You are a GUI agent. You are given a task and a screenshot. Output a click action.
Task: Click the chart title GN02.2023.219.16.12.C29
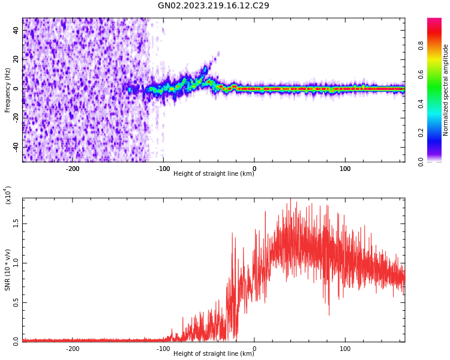213,6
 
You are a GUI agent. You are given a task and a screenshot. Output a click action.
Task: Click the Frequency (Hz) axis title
8,90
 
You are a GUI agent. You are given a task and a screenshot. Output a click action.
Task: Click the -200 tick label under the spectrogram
72,169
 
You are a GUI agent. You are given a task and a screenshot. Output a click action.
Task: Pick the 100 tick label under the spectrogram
345,169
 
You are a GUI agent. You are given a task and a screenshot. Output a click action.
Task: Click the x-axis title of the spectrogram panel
213,174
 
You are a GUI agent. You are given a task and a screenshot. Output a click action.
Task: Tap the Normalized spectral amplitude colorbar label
446,90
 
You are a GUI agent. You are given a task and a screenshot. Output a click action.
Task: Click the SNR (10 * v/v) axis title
8,270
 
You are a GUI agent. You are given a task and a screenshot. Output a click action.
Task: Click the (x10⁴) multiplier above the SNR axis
8,196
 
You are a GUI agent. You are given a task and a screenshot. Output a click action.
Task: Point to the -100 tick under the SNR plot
163,349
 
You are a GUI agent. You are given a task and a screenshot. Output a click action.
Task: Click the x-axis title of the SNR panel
213,354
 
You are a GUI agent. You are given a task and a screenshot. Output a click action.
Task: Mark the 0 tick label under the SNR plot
254,349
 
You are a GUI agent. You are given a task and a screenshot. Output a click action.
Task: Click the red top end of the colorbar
434,21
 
